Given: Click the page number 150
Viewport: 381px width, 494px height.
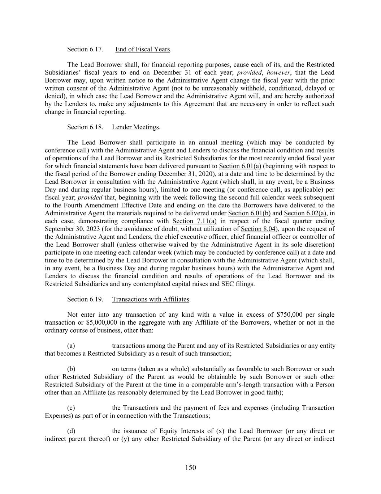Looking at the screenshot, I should coord(190,468).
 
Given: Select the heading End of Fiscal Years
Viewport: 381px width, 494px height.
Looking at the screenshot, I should coord(143,49).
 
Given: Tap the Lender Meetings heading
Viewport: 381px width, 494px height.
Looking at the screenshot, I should coord(135,127).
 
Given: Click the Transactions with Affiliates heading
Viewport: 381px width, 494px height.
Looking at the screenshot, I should coord(151,299).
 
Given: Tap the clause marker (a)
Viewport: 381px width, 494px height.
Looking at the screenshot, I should coord(71,346).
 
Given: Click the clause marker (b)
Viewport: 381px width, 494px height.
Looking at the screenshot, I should coord(71,369).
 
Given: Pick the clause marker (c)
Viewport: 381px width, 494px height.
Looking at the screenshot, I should coord(71,408).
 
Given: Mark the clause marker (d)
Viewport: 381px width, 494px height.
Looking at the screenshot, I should coord(71,431).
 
